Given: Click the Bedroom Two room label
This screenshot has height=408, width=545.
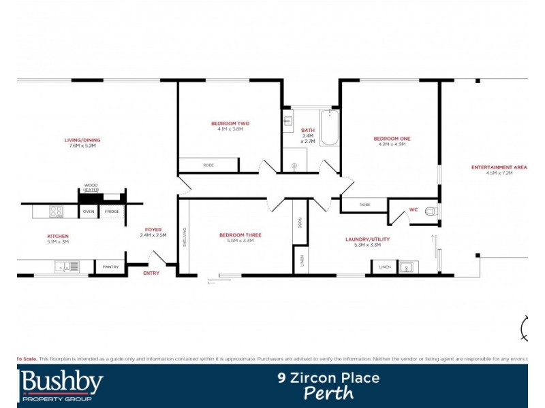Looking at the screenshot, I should (230, 124).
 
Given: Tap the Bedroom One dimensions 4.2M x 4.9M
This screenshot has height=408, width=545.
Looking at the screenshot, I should (392, 144).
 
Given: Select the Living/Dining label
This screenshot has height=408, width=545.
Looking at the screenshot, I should (82, 140).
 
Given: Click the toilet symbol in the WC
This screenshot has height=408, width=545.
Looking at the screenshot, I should (431, 211).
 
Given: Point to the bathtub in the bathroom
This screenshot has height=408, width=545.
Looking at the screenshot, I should (329, 129).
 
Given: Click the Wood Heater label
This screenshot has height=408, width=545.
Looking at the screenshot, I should (91, 187).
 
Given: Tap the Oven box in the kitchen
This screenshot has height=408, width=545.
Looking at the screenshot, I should (89, 212).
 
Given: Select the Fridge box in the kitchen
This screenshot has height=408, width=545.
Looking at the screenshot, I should (111, 212).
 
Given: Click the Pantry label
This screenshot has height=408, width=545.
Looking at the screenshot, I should (110, 267).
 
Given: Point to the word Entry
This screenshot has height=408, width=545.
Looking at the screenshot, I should (151, 273).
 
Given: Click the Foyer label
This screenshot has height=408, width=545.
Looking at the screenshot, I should (153, 230).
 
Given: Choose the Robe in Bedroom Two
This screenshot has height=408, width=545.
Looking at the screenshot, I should (208, 165).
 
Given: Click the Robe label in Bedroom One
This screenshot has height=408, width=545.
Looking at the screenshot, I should (364, 205).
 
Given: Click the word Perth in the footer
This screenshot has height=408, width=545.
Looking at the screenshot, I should (328, 393).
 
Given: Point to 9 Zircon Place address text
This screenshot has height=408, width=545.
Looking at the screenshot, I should (328, 377).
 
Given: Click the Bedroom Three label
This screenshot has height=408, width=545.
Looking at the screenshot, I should (240, 235).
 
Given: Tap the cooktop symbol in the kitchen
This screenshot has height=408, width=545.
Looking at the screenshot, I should (55, 211).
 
